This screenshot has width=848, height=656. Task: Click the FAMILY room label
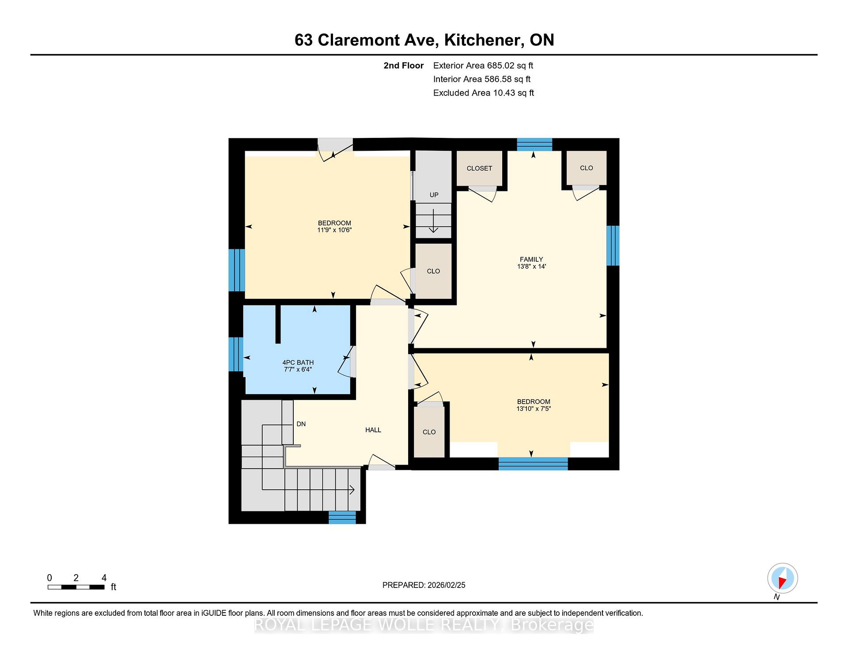pyautogui.click(x=531, y=259)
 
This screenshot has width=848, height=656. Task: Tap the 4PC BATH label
pyautogui.click(x=298, y=362)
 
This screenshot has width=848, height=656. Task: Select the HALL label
pyautogui.click(x=373, y=430)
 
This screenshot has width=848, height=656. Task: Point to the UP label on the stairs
pyautogui.click(x=434, y=195)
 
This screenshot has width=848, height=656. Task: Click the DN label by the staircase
pyautogui.click(x=301, y=424)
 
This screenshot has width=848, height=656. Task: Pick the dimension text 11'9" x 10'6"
pyautogui.click(x=334, y=230)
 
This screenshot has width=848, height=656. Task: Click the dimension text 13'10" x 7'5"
pyautogui.click(x=534, y=408)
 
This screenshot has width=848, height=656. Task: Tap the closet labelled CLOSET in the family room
pyautogui.click(x=480, y=168)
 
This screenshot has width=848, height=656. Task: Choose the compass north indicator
pyautogui.click(x=782, y=578)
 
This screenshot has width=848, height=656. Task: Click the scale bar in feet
pyautogui.click(x=76, y=587)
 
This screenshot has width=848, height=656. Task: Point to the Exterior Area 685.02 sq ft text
pyautogui.click(x=483, y=65)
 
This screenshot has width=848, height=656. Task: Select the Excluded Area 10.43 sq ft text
pyautogui.click(x=484, y=93)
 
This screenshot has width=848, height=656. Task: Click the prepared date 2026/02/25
pyautogui.click(x=424, y=585)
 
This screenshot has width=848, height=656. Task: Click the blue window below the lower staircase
pyautogui.click(x=342, y=517)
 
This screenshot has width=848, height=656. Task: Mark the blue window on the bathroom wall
pyautogui.click(x=236, y=354)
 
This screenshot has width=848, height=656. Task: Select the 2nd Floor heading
pyautogui.click(x=404, y=65)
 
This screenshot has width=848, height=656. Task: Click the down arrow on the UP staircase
pyautogui.click(x=433, y=221)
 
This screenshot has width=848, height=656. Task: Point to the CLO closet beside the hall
pyautogui.click(x=429, y=432)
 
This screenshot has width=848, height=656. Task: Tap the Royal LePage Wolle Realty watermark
pyautogui.click(x=424, y=625)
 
